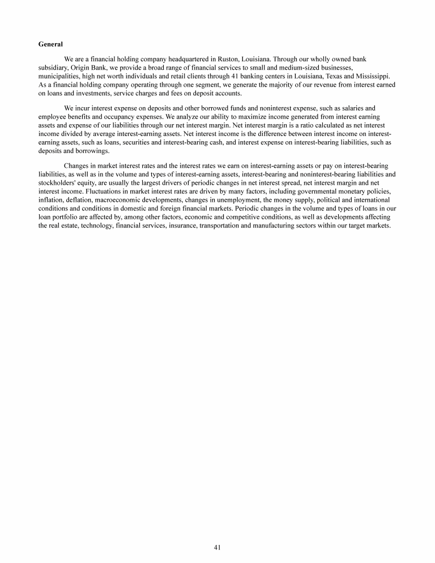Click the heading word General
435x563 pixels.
point(50,44)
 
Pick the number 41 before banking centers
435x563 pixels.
point(236,75)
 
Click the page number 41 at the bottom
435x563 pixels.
point(217,547)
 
